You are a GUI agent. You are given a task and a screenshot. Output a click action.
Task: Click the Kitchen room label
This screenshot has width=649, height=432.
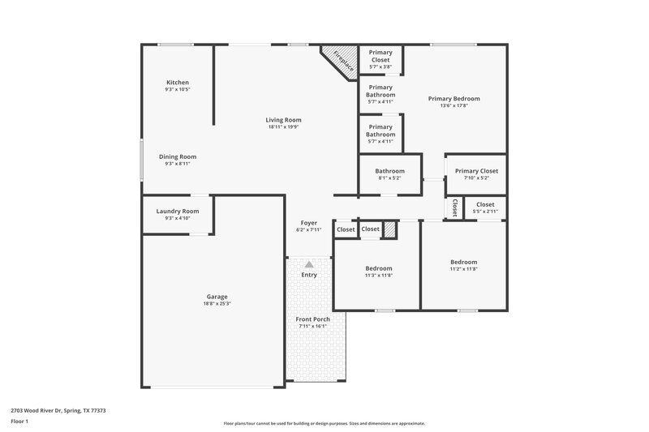point(178,83)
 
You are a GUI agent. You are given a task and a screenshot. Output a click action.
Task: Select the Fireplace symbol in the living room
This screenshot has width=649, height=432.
point(340,62)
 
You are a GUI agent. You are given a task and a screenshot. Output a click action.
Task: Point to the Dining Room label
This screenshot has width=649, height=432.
point(177,156)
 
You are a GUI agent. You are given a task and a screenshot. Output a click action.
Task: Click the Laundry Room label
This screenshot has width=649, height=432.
point(177,211)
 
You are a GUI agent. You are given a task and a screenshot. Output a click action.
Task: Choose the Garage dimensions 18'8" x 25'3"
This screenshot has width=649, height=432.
point(217,304)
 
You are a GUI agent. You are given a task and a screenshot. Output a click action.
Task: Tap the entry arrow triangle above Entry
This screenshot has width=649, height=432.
point(309,263)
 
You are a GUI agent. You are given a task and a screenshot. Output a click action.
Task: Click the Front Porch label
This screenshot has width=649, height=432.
point(312,319)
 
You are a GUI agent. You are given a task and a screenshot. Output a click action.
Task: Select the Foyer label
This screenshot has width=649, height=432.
point(309,222)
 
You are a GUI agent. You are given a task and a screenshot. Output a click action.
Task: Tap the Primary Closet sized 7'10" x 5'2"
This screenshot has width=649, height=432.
point(476,171)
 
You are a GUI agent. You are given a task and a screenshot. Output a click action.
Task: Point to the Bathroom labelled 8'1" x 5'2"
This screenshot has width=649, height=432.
point(389,171)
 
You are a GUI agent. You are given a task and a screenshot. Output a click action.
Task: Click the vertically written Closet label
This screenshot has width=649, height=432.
point(455,208)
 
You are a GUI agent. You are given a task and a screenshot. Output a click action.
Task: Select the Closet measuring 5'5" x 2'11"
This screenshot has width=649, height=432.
point(485,205)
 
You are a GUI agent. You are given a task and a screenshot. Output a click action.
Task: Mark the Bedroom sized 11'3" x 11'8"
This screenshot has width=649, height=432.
point(378,268)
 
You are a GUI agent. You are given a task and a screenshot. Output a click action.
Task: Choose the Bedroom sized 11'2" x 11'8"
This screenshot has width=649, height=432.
point(464,262)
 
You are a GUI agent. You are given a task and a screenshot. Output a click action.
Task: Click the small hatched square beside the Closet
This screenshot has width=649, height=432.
point(391,230)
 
